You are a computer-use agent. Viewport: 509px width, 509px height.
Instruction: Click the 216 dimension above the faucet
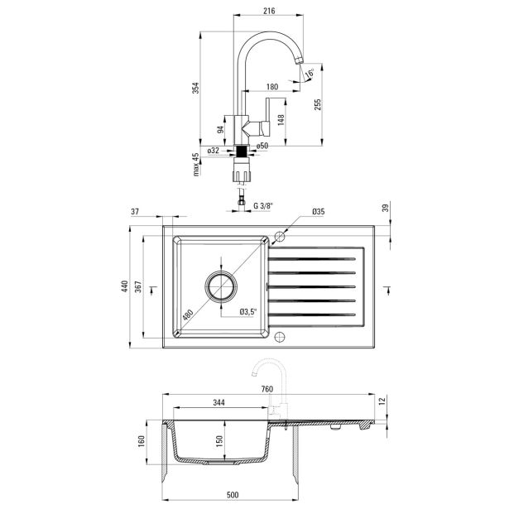(269, 11)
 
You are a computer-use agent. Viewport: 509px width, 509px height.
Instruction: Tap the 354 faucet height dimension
(196, 88)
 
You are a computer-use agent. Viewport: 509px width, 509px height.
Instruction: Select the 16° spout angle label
(310, 73)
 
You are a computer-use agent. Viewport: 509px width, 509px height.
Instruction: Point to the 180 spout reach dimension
(272, 86)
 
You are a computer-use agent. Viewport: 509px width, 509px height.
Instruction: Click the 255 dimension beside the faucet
(318, 104)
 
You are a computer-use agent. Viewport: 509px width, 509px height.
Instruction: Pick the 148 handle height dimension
(281, 119)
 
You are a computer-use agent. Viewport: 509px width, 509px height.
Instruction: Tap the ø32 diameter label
(214, 151)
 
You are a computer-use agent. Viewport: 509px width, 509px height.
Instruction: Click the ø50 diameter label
(262, 146)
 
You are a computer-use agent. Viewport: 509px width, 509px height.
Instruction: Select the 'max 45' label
(196, 165)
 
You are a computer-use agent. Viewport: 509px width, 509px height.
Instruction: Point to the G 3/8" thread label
(263, 205)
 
